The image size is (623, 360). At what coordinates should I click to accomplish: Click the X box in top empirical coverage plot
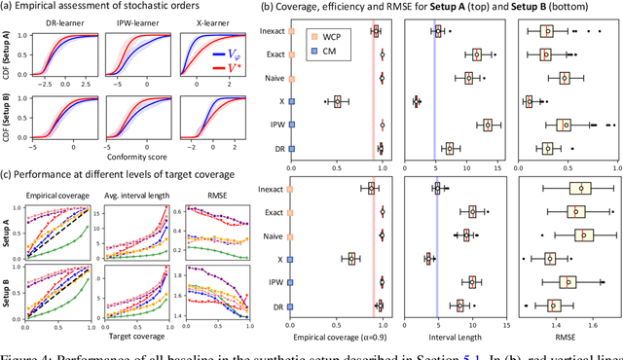point(337,101)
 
